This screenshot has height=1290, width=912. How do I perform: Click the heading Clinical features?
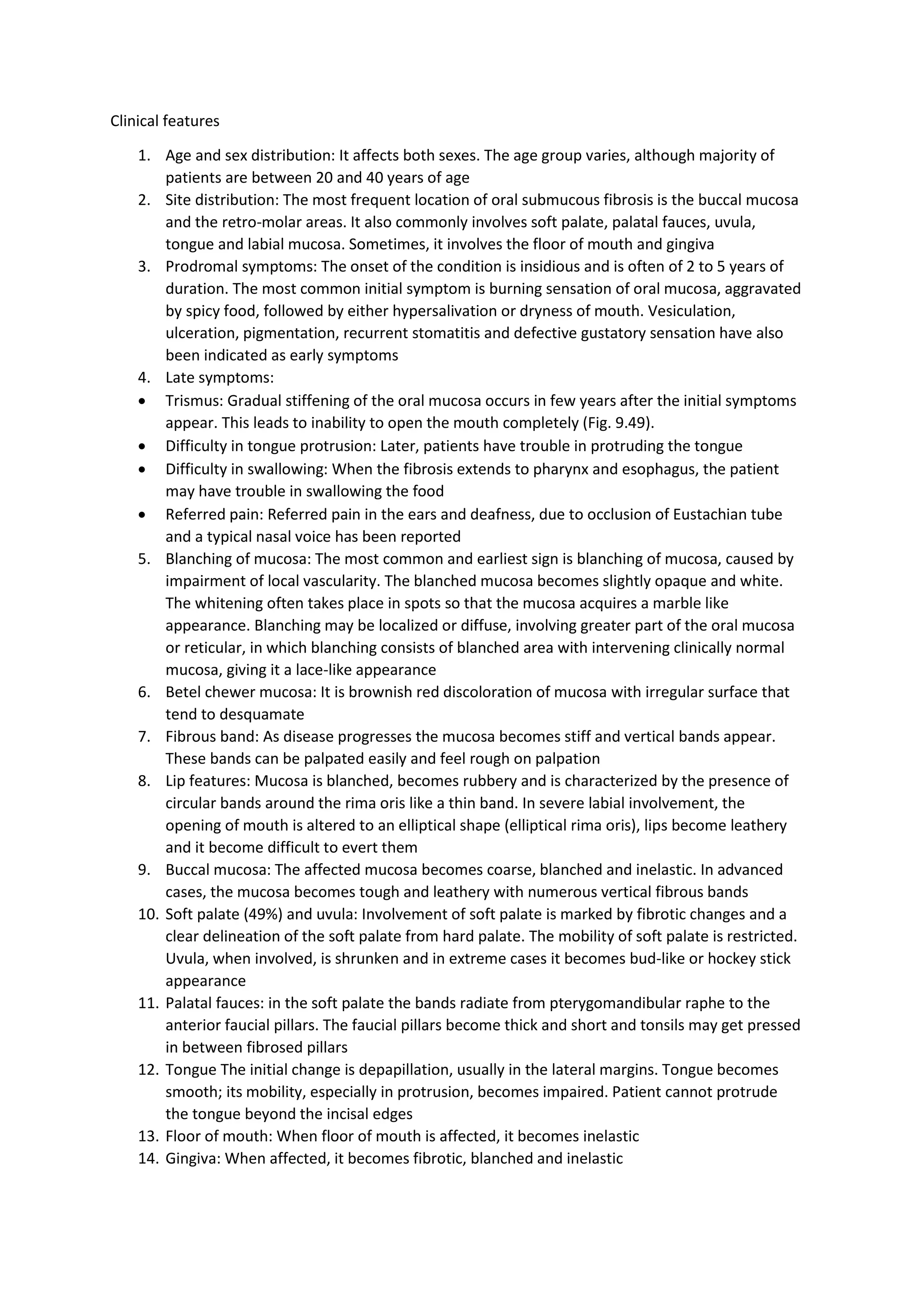[x=164, y=121]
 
